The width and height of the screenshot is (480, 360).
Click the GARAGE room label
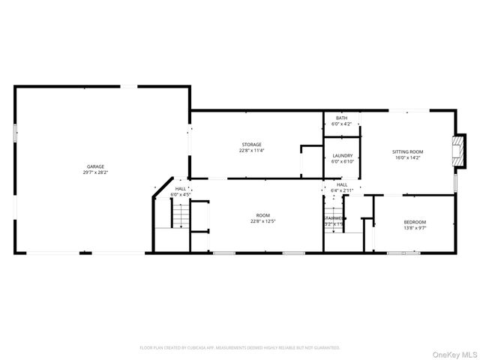95,166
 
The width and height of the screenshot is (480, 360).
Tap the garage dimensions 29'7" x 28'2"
95,172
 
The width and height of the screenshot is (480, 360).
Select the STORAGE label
251,144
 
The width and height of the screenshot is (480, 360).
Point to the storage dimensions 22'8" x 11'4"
251,150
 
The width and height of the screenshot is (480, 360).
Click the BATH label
341,118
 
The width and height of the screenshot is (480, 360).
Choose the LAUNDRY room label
342,155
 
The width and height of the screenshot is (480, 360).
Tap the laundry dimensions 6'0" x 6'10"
342,161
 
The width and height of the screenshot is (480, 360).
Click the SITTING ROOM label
408,151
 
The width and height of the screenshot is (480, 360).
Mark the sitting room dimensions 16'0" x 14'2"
408,157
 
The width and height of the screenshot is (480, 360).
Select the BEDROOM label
415,222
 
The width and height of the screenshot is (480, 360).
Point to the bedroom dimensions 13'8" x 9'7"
415,228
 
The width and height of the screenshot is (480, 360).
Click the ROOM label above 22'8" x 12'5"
259,215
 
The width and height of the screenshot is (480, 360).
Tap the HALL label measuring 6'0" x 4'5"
181,189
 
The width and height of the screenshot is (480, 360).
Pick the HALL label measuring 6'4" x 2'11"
342,184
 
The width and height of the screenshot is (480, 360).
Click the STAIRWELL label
334,218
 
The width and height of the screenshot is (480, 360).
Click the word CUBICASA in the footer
195,348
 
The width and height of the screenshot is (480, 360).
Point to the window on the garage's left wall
15,133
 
